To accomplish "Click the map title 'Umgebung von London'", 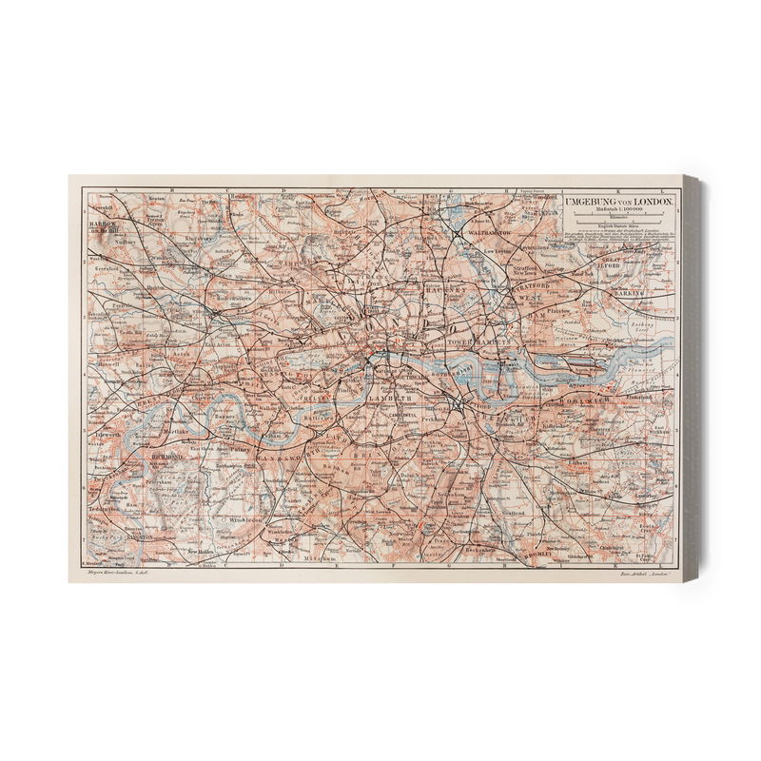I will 619,203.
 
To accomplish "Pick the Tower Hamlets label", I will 485,340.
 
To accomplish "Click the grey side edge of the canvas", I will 693,380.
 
